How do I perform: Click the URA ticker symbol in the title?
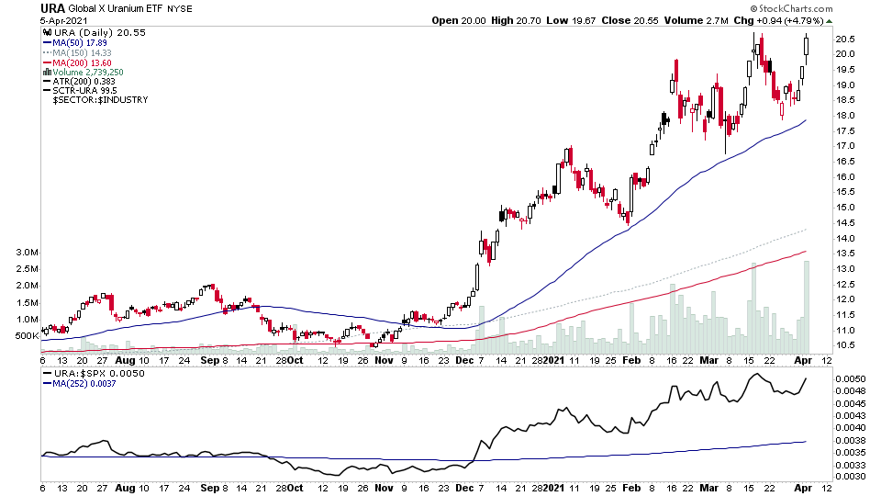pos(52,8)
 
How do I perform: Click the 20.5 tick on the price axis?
pos(846,39)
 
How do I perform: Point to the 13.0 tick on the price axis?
pos(846,269)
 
